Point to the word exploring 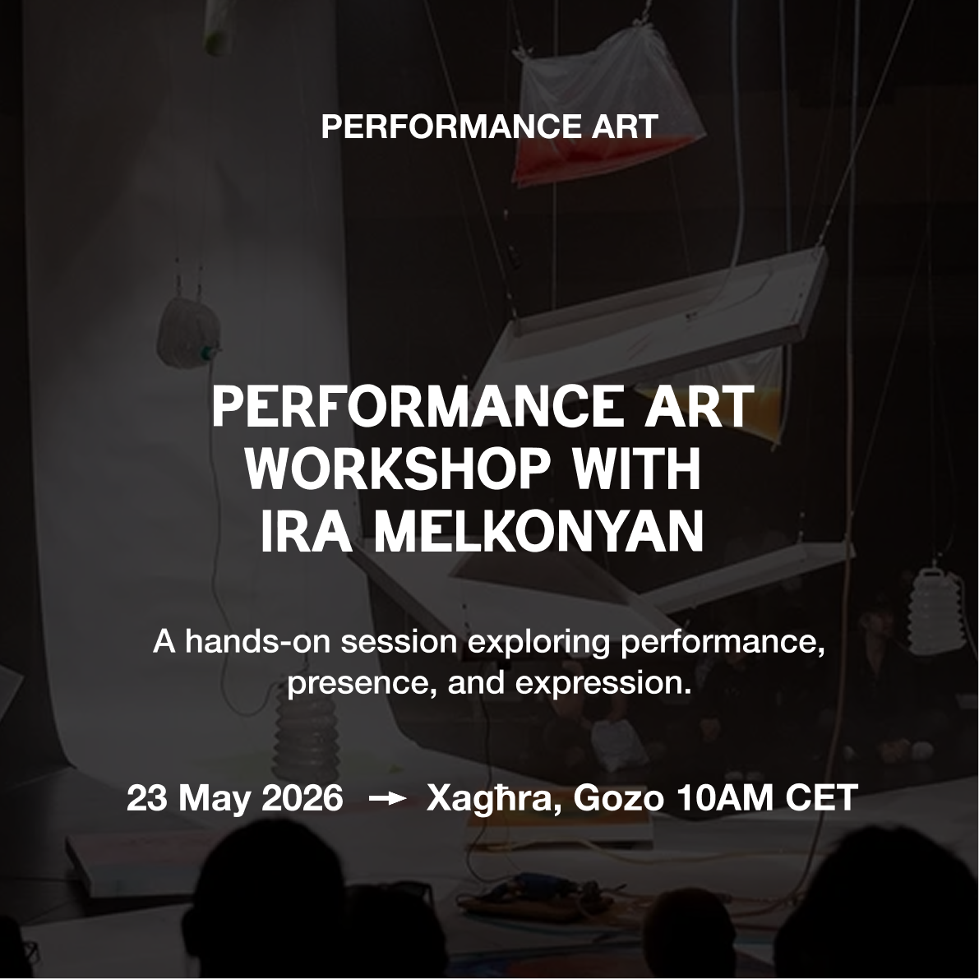click(x=539, y=643)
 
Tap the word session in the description click(x=401, y=643)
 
